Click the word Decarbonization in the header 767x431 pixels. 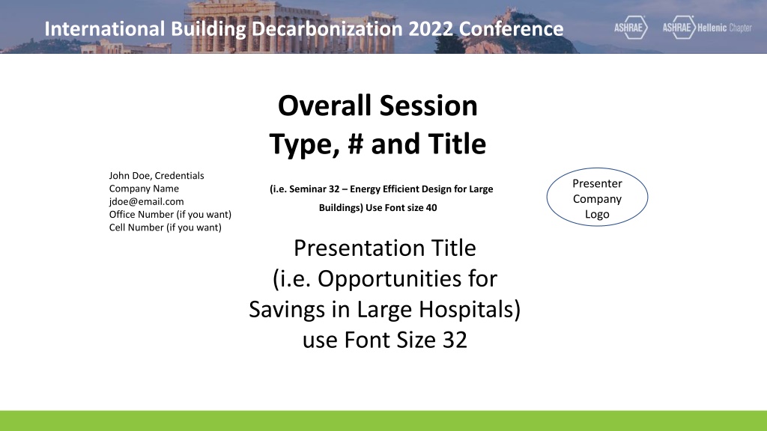click(327, 29)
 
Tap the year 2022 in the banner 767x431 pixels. click(431, 29)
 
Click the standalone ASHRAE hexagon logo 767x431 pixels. click(631, 28)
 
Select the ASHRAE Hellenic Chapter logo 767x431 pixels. click(707, 28)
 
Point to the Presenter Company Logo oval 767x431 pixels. click(597, 197)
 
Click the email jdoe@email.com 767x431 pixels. click(146, 201)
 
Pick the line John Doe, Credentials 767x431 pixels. click(157, 175)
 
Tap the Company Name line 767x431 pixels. click(144, 189)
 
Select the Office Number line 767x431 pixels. click(170, 215)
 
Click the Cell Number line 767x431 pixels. click(166, 227)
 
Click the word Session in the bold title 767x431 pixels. click(428, 106)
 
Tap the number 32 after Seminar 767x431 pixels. click(333, 189)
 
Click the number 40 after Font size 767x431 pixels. click(431, 208)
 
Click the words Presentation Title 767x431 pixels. click(385, 248)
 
